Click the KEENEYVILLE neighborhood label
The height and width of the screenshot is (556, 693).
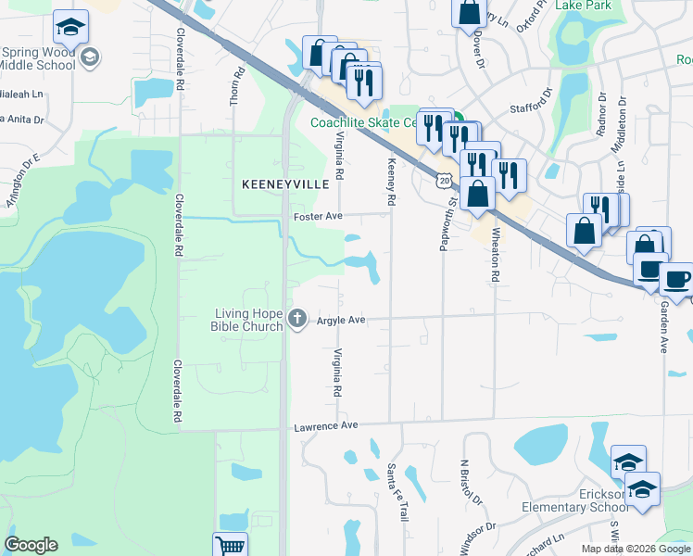(285, 184)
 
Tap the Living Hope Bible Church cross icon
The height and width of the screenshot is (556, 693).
(297, 320)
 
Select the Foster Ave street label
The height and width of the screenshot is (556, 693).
(319, 217)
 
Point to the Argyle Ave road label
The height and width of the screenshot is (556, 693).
(342, 320)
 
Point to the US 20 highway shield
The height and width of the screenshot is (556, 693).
(446, 180)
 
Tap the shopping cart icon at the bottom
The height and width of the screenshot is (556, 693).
(229, 546)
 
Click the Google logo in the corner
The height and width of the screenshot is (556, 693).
(31, 545)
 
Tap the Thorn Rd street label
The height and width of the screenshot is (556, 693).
(236, 85)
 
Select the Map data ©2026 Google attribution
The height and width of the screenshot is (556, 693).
(635, 549)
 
